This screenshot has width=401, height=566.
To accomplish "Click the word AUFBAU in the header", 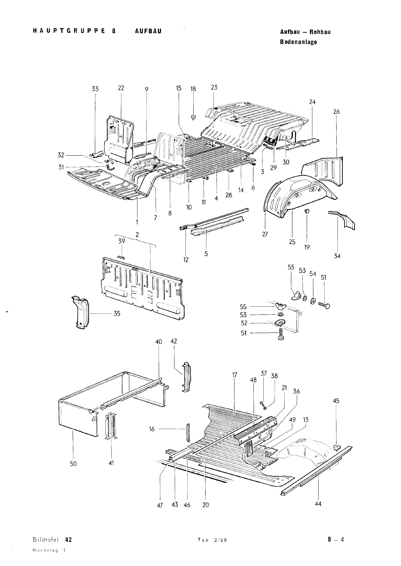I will (148, 31).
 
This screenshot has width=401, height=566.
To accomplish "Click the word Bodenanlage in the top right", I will (298, 42).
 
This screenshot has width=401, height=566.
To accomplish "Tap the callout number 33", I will (95, 89).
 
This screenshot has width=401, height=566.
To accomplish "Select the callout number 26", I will (336, 111).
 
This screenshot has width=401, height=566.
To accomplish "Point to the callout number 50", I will (73, 463).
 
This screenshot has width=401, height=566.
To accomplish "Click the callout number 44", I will (318, 504).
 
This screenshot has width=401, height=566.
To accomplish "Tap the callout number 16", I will (152, 429).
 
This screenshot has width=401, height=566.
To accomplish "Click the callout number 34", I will (337, 255).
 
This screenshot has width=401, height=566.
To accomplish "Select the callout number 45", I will (336, 401).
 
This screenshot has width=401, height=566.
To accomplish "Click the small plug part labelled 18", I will (193, 117).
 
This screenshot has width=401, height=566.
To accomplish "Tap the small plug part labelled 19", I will (307, 211).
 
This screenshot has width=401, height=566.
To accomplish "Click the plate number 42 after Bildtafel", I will (69, 539).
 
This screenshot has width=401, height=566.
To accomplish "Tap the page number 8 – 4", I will (336, 539).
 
